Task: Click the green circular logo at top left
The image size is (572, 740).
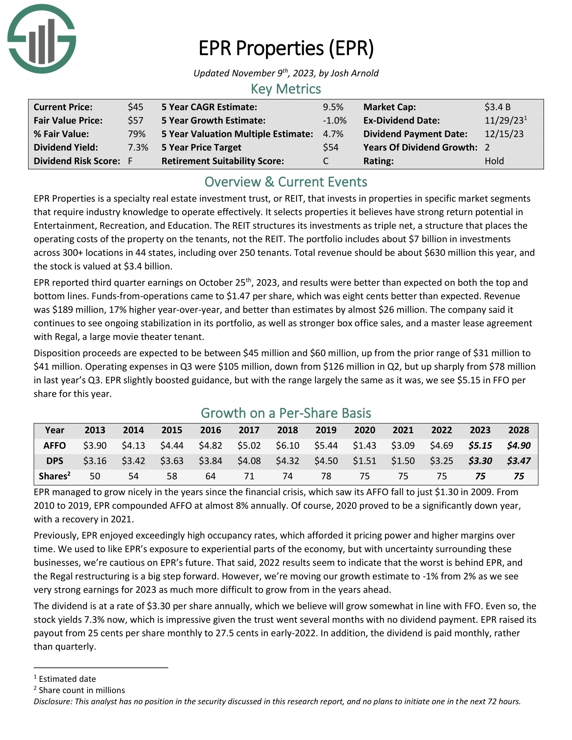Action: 42,39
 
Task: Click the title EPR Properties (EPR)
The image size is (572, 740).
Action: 286,48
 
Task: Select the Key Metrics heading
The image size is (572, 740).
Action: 286,89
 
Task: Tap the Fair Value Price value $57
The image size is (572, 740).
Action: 135,121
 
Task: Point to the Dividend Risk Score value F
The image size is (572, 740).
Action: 130,161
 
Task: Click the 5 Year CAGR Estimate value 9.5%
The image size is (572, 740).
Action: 333,107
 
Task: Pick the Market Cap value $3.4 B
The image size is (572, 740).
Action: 497,107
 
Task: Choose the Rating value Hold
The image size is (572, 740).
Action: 494,161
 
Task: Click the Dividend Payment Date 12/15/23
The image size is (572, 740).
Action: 504,134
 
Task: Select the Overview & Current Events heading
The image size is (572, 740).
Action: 286,182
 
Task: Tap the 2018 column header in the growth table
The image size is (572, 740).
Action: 287,430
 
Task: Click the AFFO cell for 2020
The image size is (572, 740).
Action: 364,446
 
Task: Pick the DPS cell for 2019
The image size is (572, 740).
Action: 326,461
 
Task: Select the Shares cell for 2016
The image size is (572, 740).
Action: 210,476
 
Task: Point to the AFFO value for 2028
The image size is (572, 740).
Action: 519,446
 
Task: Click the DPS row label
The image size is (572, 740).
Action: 55,461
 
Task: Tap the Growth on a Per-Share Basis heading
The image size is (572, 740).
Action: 286,413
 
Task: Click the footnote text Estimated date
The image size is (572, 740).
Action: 67,679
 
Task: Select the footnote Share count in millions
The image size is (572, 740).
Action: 82,690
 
